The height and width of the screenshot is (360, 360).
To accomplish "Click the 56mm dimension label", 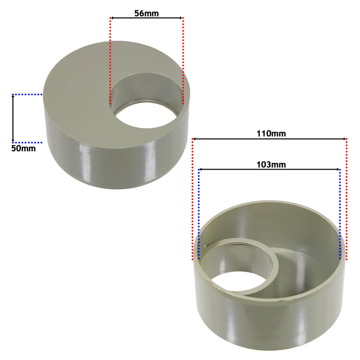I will [x=146, y=13].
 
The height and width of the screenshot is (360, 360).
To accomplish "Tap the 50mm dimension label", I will [x=24, y=148].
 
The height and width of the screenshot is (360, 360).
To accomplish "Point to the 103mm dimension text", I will [x=269, y=165].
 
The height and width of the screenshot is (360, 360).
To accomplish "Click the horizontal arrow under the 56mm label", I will [x=146, y=19].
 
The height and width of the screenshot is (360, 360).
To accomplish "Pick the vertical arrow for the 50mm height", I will [x=13, y=118].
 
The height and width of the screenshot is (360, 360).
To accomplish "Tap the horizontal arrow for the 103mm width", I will [x=269, y=169].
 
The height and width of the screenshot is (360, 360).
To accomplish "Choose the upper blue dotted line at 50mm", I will [x=27, y=95].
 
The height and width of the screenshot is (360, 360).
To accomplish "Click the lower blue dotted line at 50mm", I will [x=27, y=142].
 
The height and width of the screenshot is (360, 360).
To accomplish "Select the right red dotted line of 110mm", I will [x=347, y=201].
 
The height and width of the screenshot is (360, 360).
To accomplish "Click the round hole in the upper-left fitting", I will [x=147, y=103].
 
